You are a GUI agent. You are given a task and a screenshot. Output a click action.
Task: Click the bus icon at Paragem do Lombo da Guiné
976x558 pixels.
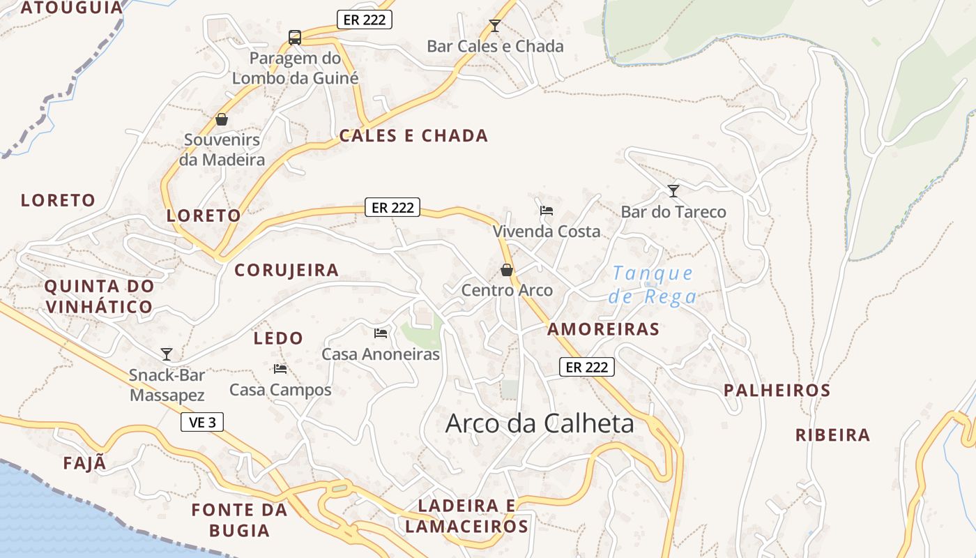point(295,37)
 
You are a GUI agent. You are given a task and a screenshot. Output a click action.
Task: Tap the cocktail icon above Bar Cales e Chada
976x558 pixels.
point(495,26)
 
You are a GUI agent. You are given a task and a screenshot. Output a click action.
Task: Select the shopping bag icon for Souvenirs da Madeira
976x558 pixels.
point(222,119)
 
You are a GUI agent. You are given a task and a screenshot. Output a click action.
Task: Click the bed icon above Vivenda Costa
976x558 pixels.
point(547,210)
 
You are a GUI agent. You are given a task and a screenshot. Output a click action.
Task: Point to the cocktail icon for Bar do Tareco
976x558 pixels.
point(673,190)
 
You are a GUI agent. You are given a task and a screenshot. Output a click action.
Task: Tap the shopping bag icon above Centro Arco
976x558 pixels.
point(507,269)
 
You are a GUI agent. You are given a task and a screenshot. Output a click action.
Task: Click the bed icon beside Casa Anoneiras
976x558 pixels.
point(381,333)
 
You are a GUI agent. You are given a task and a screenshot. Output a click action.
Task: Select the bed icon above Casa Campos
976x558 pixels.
point(280,368)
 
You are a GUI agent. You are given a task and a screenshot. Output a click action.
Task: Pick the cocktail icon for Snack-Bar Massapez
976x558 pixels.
point(167,354)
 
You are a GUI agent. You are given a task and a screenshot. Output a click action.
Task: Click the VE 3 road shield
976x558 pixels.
point(202,422)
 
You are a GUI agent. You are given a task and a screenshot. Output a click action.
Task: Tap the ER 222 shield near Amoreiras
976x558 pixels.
point(586,367)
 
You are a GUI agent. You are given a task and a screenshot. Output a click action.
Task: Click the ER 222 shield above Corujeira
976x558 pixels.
point(392,207)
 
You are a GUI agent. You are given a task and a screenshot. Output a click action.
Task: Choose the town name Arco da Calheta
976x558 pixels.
point(540,423)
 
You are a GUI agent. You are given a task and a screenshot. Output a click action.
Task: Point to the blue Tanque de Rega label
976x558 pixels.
point(653,285)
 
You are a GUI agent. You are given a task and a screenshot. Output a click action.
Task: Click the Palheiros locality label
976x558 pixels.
point(777,391)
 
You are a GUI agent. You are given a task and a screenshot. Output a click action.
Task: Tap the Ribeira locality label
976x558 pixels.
point(833,435)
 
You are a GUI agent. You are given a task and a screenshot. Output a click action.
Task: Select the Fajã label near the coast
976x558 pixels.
point(85,463)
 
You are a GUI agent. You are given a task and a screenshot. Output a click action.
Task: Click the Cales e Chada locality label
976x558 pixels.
point(413,136)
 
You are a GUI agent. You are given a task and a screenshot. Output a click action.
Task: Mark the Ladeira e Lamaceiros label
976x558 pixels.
point(466,516)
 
